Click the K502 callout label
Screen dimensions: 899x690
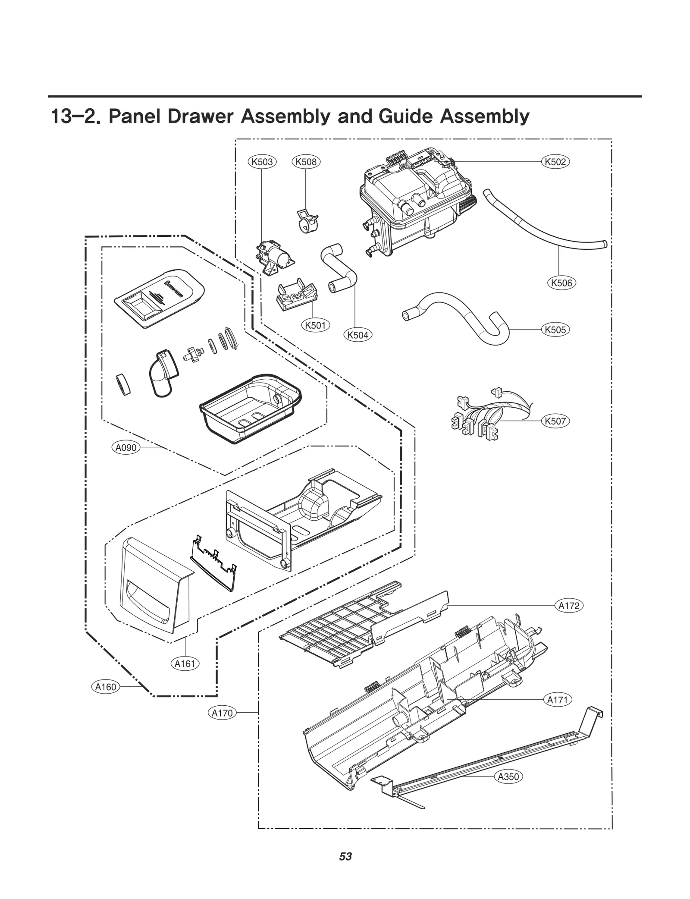tap(555, 162)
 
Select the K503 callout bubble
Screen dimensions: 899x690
tap(262, 162)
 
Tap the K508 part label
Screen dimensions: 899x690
tap(306, 162)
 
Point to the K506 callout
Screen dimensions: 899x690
tap(562, 283)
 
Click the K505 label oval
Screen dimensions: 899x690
tap(555, 330)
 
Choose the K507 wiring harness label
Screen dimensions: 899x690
tap(555, 421)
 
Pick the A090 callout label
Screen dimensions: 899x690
tap(126, 448)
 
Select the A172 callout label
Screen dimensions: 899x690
tap(569, 606)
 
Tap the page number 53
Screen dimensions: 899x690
tap(345, 857)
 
